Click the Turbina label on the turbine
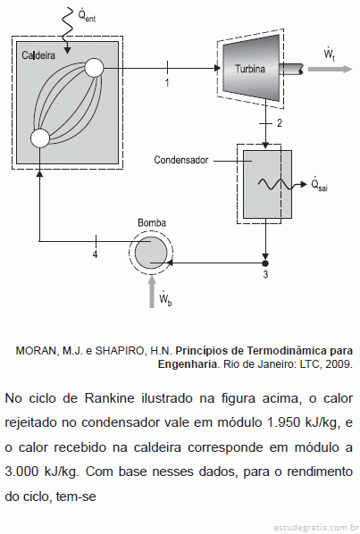[250, 69]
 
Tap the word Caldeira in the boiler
[38, 55]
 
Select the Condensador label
[180, 160]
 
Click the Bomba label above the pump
[152, 222]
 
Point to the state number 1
[167, 83]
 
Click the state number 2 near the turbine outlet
[280, 123]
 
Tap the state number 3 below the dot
[265, 274]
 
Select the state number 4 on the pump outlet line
[96, 254]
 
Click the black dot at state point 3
[265, 263]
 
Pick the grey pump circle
[151, 253]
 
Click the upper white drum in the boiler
[94, 68]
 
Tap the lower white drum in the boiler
[40, 138]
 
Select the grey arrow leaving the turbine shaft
[330, 69]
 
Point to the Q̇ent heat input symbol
[87, 15]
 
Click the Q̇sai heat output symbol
[319, 185]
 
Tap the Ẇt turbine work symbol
[330, 54]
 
